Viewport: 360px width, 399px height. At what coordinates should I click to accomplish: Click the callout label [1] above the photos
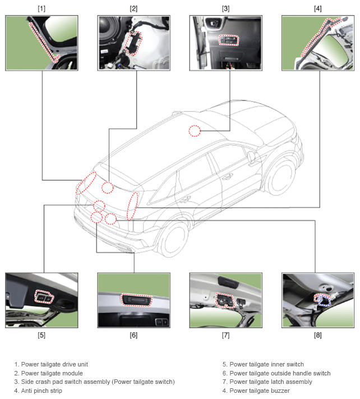click(41, 8)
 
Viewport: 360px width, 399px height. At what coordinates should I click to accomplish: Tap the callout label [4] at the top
click(318, 8)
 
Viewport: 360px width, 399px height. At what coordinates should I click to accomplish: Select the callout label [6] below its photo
click(133, 335)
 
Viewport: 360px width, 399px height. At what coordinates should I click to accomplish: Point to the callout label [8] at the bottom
click(318, 335)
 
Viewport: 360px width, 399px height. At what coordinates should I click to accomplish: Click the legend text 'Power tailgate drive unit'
click(54, 364)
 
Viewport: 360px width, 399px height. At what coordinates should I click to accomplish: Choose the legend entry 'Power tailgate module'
click(52, 373)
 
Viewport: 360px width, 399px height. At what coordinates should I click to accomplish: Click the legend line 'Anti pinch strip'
click(41, 391)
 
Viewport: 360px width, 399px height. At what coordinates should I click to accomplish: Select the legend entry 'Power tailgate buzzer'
click(260, 391)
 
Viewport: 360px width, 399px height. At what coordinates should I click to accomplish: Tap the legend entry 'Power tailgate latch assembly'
click(271, 382)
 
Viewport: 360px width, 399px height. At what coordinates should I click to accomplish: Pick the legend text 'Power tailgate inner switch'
click(267, 364)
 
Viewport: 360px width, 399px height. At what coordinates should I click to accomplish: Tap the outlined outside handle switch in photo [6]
click(137, 300)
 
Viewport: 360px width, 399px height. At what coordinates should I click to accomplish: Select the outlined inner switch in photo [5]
click(44, 297)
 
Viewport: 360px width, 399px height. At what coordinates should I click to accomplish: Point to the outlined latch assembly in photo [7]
click(224, 300)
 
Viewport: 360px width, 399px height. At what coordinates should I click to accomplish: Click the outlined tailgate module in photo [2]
click(133, 43)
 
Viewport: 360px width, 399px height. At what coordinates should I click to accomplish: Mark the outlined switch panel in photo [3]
click(229, 40)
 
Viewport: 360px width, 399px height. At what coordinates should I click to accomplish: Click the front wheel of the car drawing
click(281, 176)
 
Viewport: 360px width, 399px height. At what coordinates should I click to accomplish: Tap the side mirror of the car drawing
click(251, 157)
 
